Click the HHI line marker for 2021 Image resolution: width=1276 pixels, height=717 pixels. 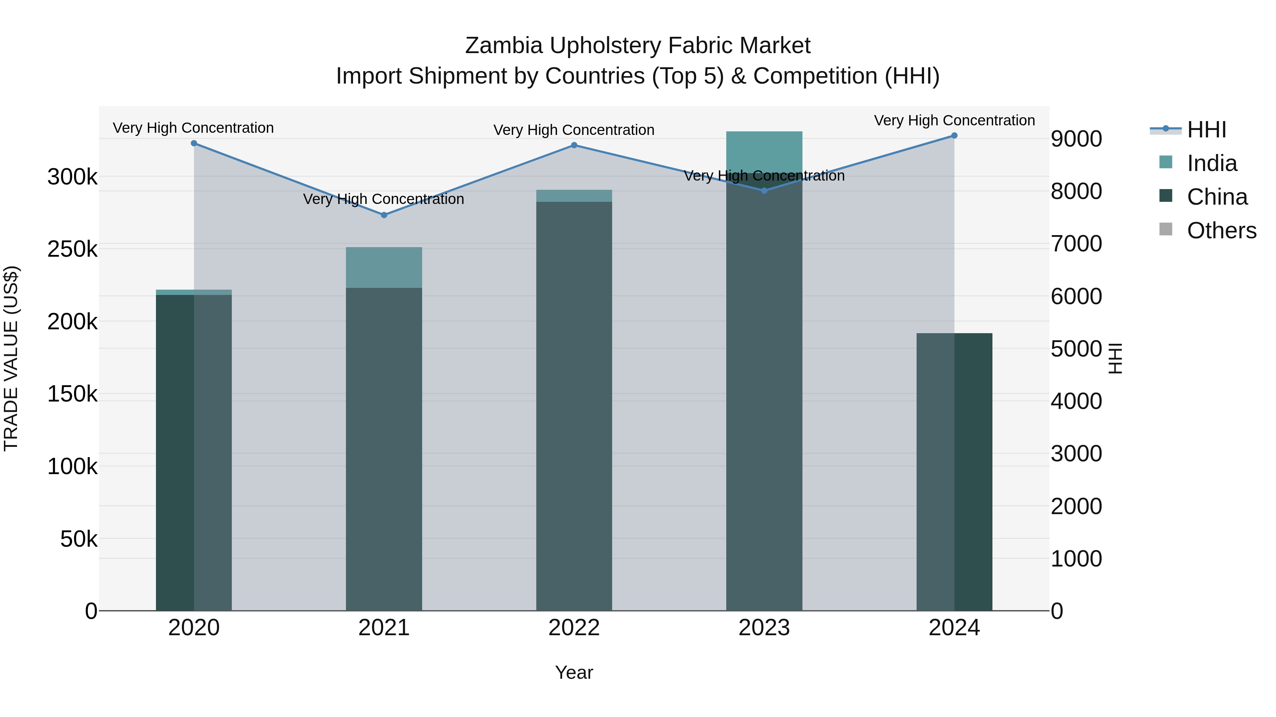(x=384, y=215)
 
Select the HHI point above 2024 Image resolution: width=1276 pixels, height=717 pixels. (x=954, y=136)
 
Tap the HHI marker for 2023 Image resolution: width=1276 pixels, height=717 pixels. (x=764, y=190)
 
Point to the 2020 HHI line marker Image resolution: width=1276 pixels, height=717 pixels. (x=194, y=143)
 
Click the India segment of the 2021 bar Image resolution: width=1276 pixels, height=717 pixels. (x=384, y=268)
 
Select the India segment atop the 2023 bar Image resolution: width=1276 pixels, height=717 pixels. (x=764, y=151)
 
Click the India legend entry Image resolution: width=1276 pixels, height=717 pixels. (x=1211, y=163)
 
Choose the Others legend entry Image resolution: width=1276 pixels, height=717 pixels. (x=1221, y=231)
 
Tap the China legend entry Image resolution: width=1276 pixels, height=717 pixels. (x=1216, y=197)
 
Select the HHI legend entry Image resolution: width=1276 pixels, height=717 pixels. (x=1206, y=130)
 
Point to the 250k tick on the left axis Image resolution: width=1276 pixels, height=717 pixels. (x=72, y=249)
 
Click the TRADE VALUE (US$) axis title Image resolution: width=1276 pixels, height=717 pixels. (x=11, y=358)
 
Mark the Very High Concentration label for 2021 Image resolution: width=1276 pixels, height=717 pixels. (x=384, y=199)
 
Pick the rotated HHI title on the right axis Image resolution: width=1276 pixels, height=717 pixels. (x=1115, y=358)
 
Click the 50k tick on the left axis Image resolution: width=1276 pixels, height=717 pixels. (x=78, y=539)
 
